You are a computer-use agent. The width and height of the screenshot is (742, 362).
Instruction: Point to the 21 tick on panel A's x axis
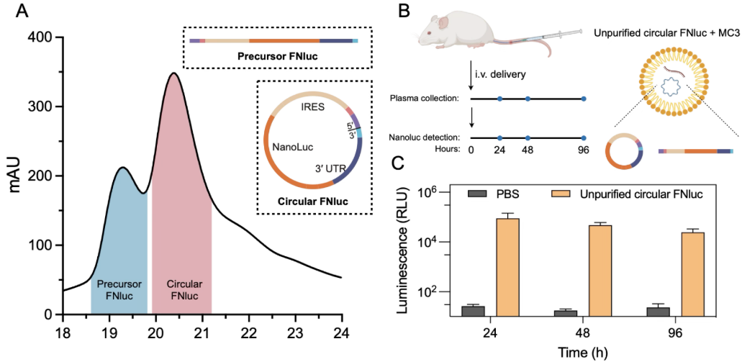pyautogui.click(x=202, y=333)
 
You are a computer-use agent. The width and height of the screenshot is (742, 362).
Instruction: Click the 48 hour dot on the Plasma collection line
pyautogui.click(x=528, y=98)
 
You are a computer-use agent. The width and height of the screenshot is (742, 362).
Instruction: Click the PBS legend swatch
pyautogui.click(x=476, y=194)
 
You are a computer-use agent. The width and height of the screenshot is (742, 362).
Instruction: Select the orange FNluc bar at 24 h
pyautogui.click(x=508, y=266)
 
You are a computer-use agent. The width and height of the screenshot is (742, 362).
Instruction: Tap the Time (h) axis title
pyautogui.click(x=584, y=352)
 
